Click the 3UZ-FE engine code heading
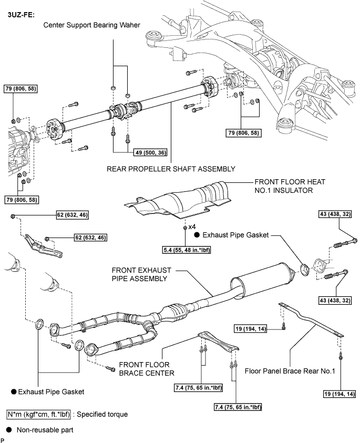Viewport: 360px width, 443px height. pos(21,15)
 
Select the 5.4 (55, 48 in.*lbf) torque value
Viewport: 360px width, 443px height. pos(187,250)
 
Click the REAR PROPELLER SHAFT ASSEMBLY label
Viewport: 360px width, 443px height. pos(171,169)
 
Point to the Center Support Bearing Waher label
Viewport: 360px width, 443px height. pos(91,25)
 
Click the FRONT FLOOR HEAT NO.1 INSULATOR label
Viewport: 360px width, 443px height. pos(290,186)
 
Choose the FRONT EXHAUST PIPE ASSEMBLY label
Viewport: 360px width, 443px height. pos(141,274)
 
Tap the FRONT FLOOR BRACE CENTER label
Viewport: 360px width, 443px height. pos(147,369)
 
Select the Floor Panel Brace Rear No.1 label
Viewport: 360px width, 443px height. pos(290,371)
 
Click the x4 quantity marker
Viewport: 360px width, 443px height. pos(192,227)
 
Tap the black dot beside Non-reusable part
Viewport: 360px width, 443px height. pos(9,430)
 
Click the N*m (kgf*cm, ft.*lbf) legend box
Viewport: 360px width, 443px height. pos(39,414)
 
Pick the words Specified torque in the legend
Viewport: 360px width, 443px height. pos(102,414)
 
